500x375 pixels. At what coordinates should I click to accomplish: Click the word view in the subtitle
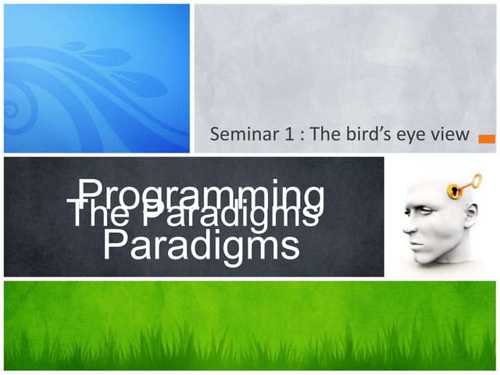[451, 134]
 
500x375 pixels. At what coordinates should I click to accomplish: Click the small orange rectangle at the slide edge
[486, 139]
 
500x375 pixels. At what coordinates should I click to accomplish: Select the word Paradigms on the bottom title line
[202, 245]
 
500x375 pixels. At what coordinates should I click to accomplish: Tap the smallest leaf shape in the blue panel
[73, 46]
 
